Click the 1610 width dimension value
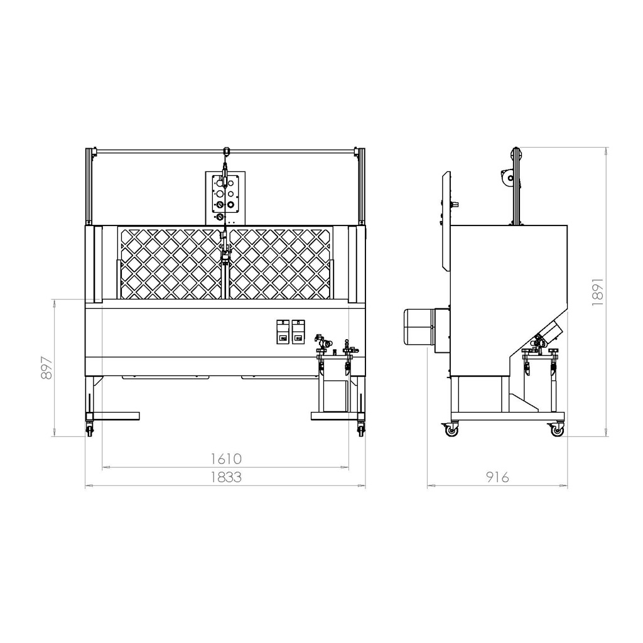click(226, 458)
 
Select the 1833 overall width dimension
click(226, 477)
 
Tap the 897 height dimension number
click(47, 368)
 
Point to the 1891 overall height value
click(598, 292)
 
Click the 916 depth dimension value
click(497, 477)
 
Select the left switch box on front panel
click(283, 332)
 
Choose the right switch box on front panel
click(298, 332)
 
